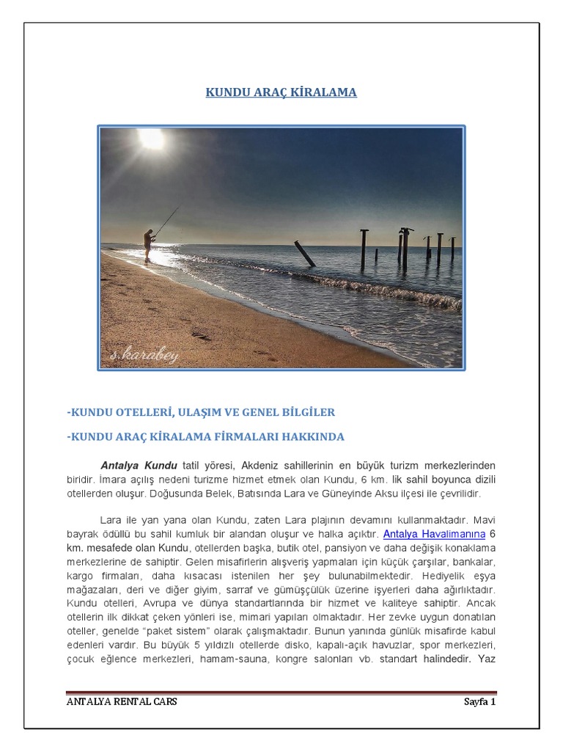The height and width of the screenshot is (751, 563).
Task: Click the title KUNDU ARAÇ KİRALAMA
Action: tap(281, 92)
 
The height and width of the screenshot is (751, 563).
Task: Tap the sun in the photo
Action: tap(152, 139)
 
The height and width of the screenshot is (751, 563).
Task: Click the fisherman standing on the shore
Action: tap(149, 244)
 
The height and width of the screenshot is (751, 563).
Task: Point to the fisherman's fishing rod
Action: tap(166, 221)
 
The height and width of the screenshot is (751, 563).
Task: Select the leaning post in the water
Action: tap(305, 254)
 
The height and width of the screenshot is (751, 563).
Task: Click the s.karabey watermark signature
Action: tap(144, 356)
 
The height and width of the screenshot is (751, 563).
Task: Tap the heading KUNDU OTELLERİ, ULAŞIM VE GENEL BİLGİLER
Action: tap(201, 412)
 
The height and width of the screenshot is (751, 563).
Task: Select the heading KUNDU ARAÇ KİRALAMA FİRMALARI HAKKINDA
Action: tap(205, 436)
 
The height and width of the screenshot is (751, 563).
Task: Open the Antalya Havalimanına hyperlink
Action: tap(434, 533)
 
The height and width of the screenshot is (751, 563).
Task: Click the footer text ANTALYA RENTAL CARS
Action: tap(122, 701)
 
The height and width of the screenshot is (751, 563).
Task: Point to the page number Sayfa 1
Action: tap(479, 701)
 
